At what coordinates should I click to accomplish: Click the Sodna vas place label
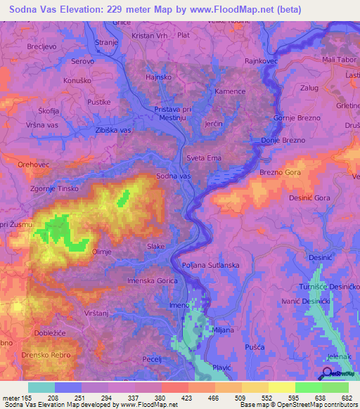point(173,176)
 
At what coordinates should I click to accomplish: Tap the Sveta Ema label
point(204,158)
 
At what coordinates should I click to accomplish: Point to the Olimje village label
point(102,251)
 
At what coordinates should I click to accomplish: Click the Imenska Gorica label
point(152,281)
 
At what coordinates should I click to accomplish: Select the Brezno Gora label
point(281,172)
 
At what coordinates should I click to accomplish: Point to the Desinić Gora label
point(309,199)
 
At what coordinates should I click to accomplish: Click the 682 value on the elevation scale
point(346,397)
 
